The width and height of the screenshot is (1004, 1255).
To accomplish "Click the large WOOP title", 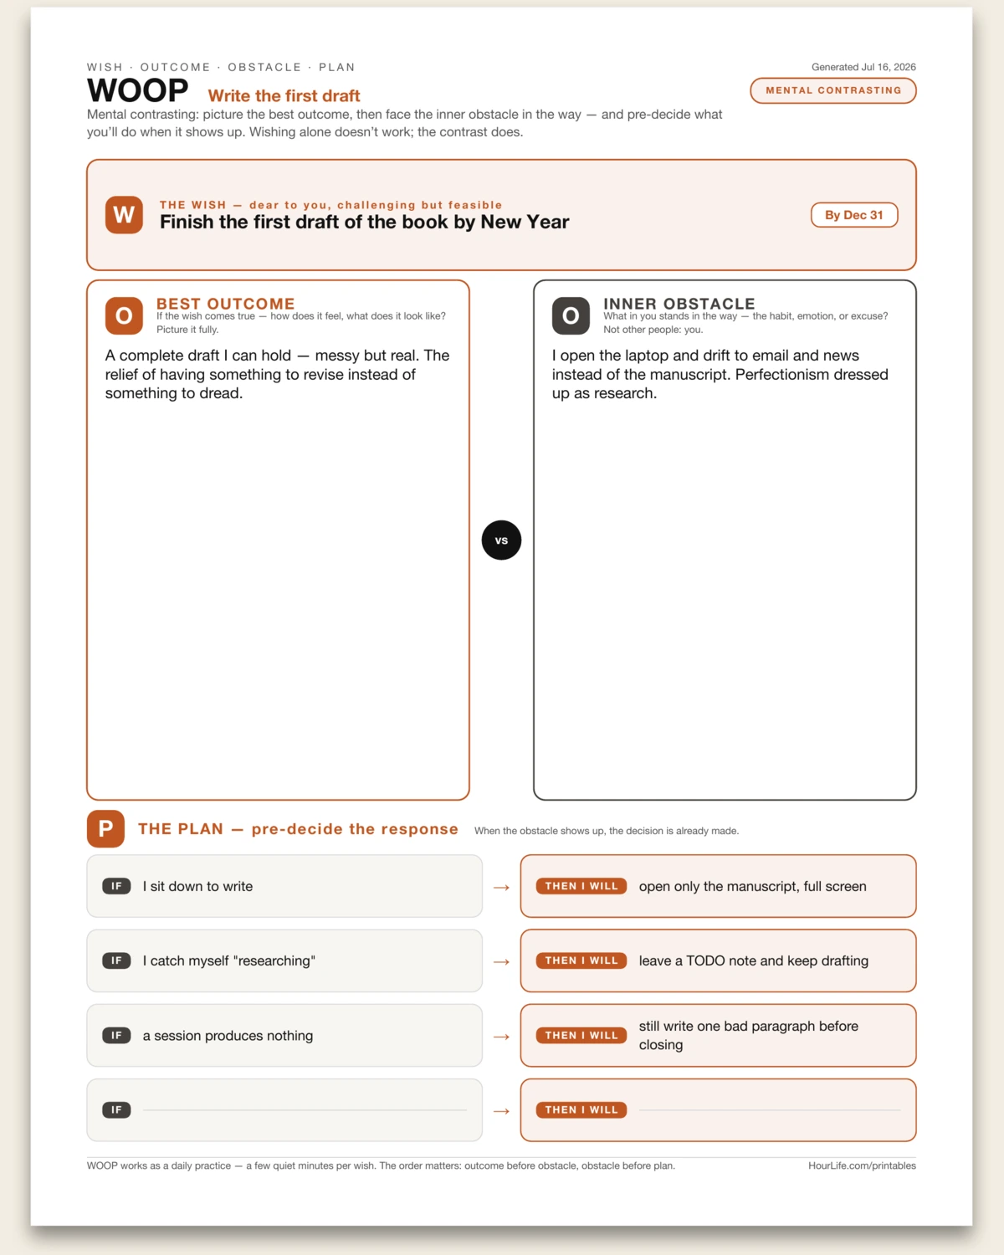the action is (138, 91).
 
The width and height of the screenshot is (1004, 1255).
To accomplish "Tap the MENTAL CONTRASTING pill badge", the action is (833, 90).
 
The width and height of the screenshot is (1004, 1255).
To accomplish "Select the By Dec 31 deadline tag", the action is (854, 215).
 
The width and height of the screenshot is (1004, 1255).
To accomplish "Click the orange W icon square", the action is (124, 215).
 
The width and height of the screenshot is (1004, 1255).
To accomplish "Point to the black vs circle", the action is (501, 540).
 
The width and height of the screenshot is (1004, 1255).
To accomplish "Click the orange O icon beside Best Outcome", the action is (124, 315).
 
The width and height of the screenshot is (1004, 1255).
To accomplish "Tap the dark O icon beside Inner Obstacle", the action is (571, 315).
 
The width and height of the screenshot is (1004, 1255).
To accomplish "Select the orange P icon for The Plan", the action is (105, 828).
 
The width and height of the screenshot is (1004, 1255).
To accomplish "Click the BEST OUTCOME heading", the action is (226, 304).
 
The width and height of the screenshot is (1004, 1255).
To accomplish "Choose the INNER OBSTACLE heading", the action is (679, 304).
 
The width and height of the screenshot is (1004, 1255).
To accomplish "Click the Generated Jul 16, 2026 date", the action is (863, 67).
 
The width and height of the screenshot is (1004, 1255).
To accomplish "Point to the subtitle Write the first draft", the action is (284, 95).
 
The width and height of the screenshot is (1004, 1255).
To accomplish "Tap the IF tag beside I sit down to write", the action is (116, 886).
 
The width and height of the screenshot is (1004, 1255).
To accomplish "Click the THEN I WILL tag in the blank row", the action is (581, 1109).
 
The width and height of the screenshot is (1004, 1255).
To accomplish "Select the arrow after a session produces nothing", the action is (501, 1037).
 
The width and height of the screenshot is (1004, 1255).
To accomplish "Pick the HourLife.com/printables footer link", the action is (862, 1165).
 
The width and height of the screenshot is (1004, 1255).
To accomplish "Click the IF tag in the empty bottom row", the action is (116, 1109).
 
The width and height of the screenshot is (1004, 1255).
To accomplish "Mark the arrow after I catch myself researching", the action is (501, 961).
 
